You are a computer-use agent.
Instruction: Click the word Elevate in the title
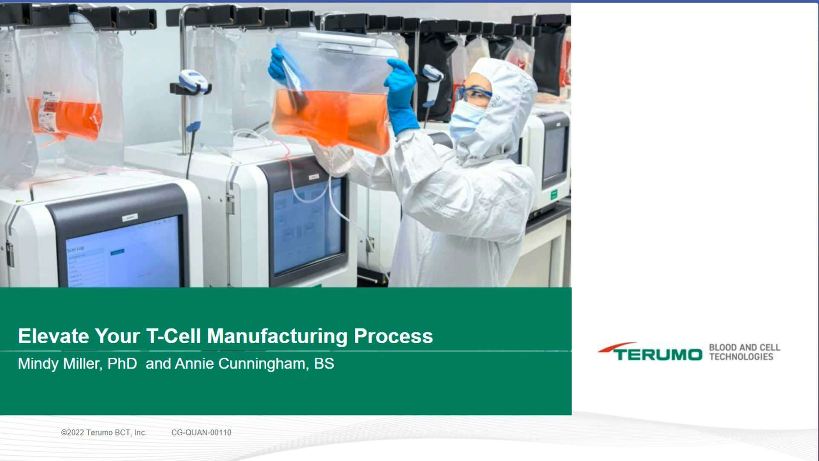(x=53, y=336)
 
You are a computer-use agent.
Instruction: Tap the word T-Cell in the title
(x=173, y=336)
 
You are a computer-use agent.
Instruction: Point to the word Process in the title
(x=393, y=336)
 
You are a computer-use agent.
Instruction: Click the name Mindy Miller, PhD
(x=77, y=364)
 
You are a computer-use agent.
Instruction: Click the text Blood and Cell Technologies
(x=744, y=352)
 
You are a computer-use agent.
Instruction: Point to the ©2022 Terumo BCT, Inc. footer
(x=104, y=432)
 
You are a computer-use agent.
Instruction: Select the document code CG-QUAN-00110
(x=201, y=432)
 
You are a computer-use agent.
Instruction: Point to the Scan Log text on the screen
(x=76, y=248)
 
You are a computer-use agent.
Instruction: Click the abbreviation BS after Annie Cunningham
(x=324, y=364)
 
